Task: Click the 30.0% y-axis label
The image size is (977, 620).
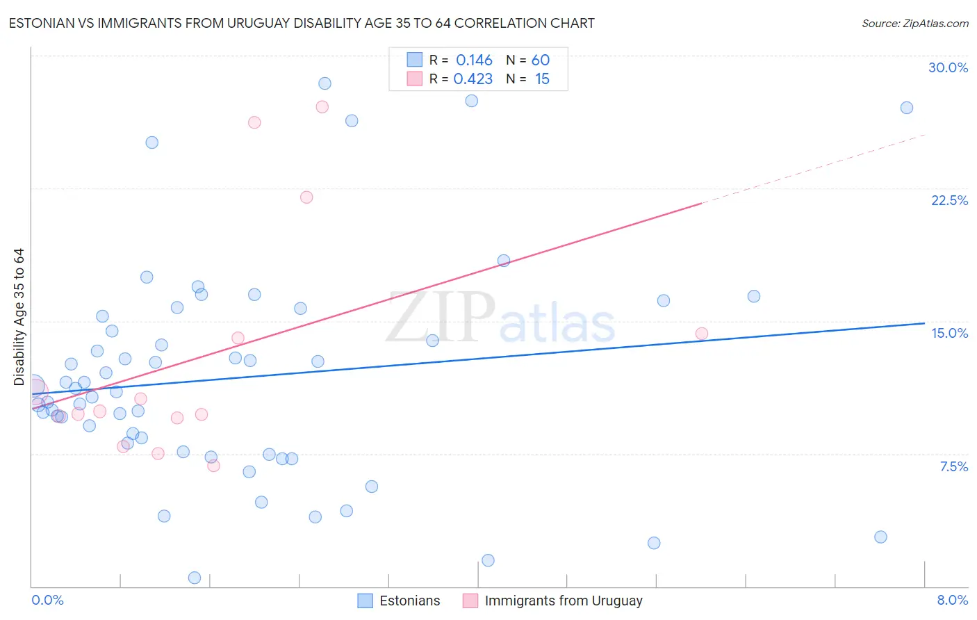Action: click(948, 67)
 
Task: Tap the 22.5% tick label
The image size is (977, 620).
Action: click(949, 200)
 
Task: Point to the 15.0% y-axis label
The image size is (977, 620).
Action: click(949, 333)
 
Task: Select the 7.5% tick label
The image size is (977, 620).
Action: click(953, 466)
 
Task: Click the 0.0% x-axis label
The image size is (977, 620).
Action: click(47, 600)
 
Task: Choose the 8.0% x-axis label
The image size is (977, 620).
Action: click(952, 600)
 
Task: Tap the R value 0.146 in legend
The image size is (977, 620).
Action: click(474, 60)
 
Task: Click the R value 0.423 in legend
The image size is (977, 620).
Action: click(473, 79)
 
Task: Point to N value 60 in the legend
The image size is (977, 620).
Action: click(540, 60)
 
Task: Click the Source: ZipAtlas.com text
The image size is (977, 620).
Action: click(914, 23)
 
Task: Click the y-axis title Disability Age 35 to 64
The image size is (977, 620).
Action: click(19, 316)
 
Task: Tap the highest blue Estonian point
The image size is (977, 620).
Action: click(325, 83)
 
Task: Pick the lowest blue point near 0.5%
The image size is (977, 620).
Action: click(195, 578)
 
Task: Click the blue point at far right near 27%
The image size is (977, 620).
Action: click(906, 108)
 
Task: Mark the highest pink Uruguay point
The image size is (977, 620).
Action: click(322, 107)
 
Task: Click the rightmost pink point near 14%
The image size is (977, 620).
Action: click(701, 334)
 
